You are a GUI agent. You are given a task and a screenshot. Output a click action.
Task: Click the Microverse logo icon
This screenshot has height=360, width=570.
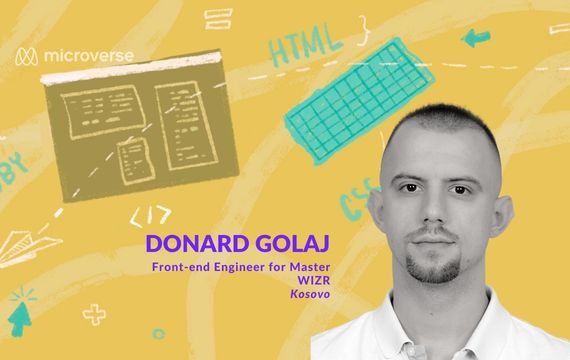click(27, 60)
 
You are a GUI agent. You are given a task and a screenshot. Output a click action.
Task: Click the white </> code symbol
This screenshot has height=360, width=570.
click(151, 213)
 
